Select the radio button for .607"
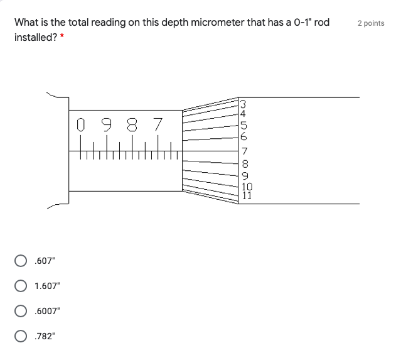point(21,261)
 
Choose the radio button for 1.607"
point(21,286)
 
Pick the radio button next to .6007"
point(21,311)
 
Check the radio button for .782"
point(21,336)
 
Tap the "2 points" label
point(371,23)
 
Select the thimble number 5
point(243,125)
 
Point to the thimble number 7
point(245,151)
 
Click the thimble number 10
point(247,187)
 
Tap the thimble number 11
point(247,195)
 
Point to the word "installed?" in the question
point(35,38)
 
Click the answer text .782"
point(45,336)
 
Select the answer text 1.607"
point(48,286)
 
